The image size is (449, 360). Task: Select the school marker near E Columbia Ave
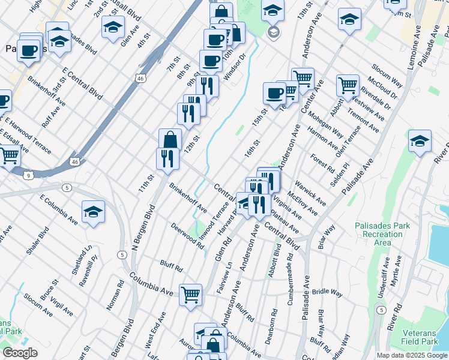coord(93,212)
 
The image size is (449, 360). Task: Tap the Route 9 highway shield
coord(28,175)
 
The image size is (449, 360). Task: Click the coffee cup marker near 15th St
coord(275,92)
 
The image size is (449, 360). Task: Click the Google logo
coord(20,353)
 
